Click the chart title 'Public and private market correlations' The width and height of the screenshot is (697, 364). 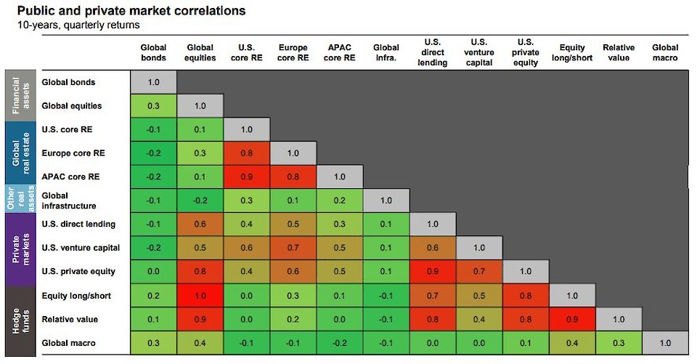pyautogui.click(x=131, y=11)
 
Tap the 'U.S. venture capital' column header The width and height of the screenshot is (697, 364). pyautogui.click(x=478, y=52)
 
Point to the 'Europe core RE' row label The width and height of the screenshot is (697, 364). pyautogui.click(x=73, y=153)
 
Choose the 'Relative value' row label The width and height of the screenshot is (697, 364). pyautogui.click(x=70, y=319)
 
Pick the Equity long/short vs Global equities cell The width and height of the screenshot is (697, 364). pyautogui.click(x=200, y=296)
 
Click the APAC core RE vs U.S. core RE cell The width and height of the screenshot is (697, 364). pyautogui.click(x=247, y=177)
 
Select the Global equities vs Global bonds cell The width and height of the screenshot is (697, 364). pyautogui.click(x=153, y=106)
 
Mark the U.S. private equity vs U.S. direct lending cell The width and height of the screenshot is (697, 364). pyautogui.click(x=433, y=272)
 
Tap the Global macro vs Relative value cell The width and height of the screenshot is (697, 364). pyautogui.click(x=618, y=343)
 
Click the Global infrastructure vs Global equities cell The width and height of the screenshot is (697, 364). pyautogui.click(x=200, y=201)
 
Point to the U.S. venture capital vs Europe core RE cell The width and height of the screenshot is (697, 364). pyautogui.click(x=293, y=248)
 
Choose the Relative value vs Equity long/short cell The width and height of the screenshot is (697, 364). pyautogui.click(x=572, y=319)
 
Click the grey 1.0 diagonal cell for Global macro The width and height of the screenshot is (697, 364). pyautogui.click(x=664, y=343)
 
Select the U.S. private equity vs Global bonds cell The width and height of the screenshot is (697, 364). pyautogui.click(x=153, y=272)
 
